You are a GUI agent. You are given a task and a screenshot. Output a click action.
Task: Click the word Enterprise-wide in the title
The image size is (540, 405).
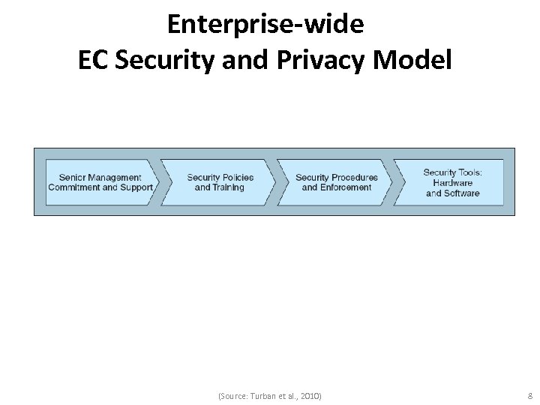tap(266, 24)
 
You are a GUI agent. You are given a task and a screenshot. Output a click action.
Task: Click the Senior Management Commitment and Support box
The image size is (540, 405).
tap(100, 182)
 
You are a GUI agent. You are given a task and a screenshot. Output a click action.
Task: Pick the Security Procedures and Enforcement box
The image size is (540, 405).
tap(336, 182)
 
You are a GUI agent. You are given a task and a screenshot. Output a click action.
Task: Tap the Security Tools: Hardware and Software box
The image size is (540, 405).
tap(453, 182)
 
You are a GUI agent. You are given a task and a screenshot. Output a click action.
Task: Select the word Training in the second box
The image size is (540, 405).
tap(229, 187)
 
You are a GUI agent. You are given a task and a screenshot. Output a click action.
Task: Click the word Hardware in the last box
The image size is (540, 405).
tap(452, 183)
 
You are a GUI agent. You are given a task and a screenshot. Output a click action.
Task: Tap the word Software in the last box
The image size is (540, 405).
tap(462, 193)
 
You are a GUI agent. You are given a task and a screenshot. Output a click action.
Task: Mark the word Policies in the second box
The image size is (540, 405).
tap(238, 178)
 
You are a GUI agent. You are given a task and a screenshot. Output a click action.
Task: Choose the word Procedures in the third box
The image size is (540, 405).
tap(354, 178)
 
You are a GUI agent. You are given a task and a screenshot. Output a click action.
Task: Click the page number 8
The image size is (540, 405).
tap(530, 395)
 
